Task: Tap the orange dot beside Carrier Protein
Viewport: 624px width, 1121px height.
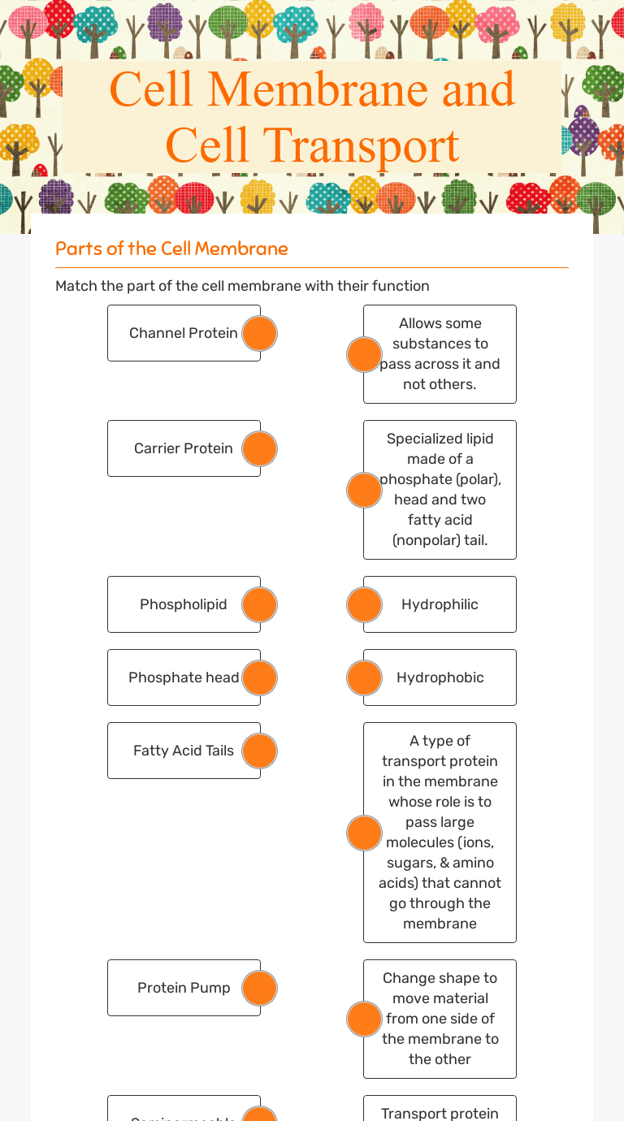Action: (x=260, y=448)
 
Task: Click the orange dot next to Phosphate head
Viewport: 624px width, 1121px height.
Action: (x=260, y=677)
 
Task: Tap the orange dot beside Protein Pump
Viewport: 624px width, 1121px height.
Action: (x=260, y=988)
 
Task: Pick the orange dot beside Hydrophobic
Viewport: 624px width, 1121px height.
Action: (x=364, y=677)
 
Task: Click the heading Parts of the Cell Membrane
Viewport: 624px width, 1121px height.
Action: (x=171, y=249)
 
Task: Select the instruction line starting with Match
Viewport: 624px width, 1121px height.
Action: (x=242, y=286)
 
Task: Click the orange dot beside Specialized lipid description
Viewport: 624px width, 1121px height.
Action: (x=364, y=490)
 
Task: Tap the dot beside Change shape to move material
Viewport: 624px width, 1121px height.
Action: (x=364, y=1019)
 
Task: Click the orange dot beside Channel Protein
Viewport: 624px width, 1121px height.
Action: (x=260, y=333)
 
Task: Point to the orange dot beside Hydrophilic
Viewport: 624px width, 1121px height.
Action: (x=364, y=604)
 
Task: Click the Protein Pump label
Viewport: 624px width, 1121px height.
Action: (x=184, y=988)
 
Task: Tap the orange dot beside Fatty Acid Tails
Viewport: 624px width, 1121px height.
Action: (x=260, y=751)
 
